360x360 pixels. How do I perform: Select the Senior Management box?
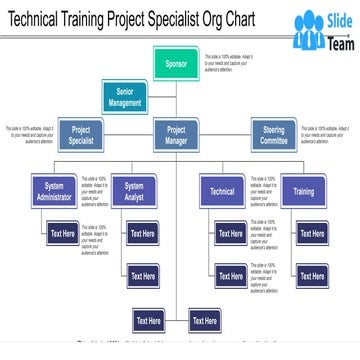point(126,97)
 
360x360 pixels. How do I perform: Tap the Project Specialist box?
point(82,135)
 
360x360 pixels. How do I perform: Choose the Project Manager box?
point(176,135)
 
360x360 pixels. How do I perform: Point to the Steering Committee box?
point(273,135)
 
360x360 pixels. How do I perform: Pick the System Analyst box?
point(134,191)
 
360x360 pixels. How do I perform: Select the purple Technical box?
point(222,191)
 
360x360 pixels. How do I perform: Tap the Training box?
point(303,191)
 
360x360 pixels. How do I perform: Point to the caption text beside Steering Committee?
point(326,135)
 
